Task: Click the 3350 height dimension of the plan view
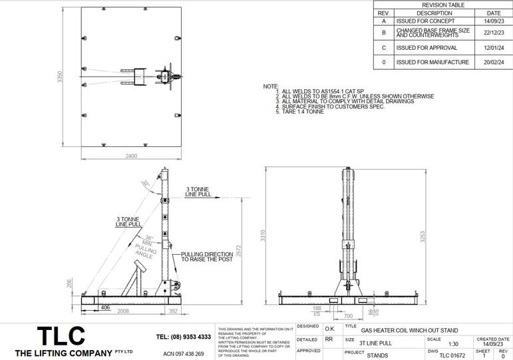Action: click(x=59, y=77)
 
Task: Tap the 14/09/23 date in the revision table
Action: click(x=493, y=21)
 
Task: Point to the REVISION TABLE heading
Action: click(x=443, y=5)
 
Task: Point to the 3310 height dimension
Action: click(x=263, y=236)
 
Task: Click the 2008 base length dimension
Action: click(x=123, y=311)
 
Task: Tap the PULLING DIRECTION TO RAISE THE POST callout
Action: click(x=207, y=257)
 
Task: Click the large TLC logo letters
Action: click(x=61, y=335)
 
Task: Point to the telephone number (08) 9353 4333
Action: click(x=183, y=337)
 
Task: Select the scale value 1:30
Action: click(x=453, y=344)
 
